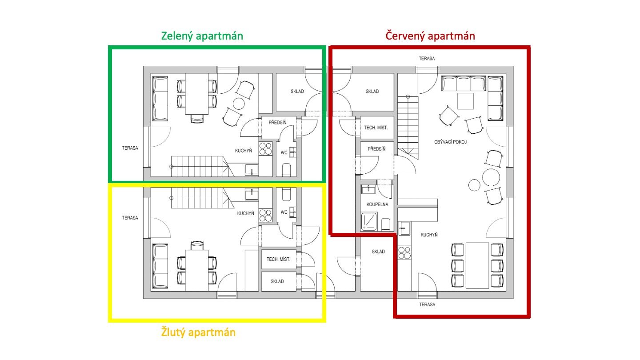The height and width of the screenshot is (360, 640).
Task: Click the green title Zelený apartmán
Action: (x=202, y=36)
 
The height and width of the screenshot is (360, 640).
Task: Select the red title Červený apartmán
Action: (x=430, y=36)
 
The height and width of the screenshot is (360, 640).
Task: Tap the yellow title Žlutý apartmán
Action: (x=198, y=332)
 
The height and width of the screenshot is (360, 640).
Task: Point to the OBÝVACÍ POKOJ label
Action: (x=450, y=142)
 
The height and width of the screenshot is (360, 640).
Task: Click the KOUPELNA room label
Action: (x=377, y=204)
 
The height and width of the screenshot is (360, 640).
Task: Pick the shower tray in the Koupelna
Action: (x=369, y=221)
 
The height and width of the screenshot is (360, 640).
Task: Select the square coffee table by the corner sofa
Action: (x=465, y=101)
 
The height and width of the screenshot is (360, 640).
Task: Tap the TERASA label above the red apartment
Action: (x=427, y=59)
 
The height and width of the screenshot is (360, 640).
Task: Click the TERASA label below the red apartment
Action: (x=427, y=304)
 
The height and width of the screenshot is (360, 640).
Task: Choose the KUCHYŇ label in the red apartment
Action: (x=429, y=235)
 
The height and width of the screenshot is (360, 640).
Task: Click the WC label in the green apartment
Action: (x=284, y=153)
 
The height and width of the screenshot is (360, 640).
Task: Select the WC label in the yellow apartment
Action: (x=284, y=212)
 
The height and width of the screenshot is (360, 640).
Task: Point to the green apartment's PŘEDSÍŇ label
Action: (x=277, y=123)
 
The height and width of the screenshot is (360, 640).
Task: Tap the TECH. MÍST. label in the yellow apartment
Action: (x=278, y=260)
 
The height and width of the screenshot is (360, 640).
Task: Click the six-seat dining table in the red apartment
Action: (x=477, y=266)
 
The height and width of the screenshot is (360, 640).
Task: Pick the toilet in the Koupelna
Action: (x=386, y=224)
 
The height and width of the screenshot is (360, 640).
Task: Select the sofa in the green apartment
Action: (x=160, y=99)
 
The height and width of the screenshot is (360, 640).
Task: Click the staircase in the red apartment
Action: (x=408, y=127)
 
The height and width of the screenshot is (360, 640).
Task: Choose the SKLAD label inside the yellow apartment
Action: (x=277, y=281)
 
